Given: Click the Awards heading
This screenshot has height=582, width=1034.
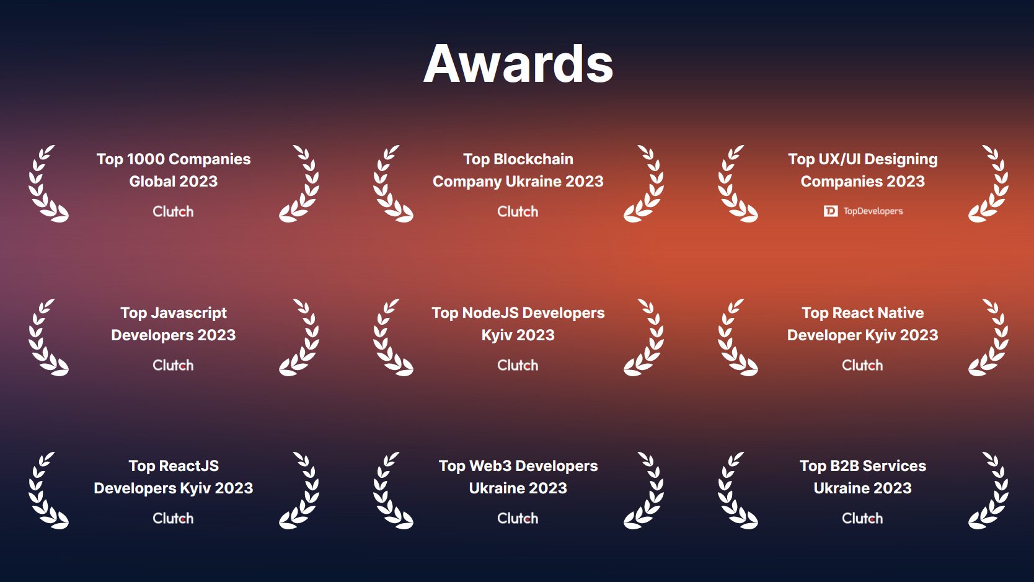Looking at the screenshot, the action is point(518,63).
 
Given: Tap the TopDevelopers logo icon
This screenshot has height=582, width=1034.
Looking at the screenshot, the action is point(831,211).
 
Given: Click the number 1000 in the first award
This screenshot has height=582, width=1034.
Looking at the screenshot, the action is point(146,159).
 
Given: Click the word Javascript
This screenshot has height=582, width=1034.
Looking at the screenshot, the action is point(188,314).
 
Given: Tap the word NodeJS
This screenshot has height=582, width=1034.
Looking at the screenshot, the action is point(492,313).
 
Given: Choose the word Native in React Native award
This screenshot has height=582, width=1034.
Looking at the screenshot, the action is point(901,313).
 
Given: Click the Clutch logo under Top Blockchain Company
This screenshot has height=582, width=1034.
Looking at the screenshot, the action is point(518,211).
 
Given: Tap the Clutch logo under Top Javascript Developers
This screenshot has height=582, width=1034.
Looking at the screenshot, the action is point(173,365).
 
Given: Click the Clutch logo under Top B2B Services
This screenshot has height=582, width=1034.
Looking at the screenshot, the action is point(862,518).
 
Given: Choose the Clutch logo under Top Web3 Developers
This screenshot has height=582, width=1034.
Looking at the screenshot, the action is point(518,518).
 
